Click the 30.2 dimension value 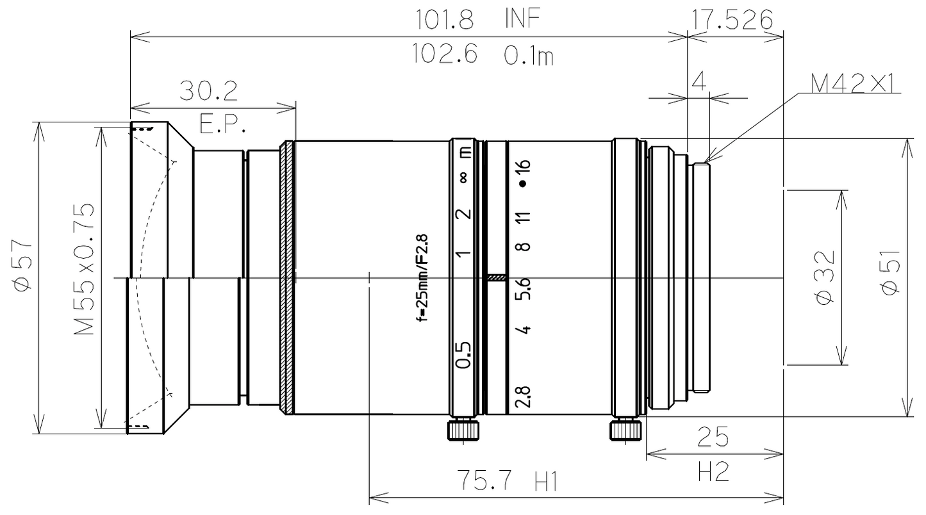pyautogui.click(x=209, y=92)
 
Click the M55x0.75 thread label pyautogui.click(x=85, y=270)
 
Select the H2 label pyautogui.click(x=713, y=473)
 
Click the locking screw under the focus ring pyautogui.click(x=463, y=429)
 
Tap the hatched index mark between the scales pyautogui.click(x=497, y=278)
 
